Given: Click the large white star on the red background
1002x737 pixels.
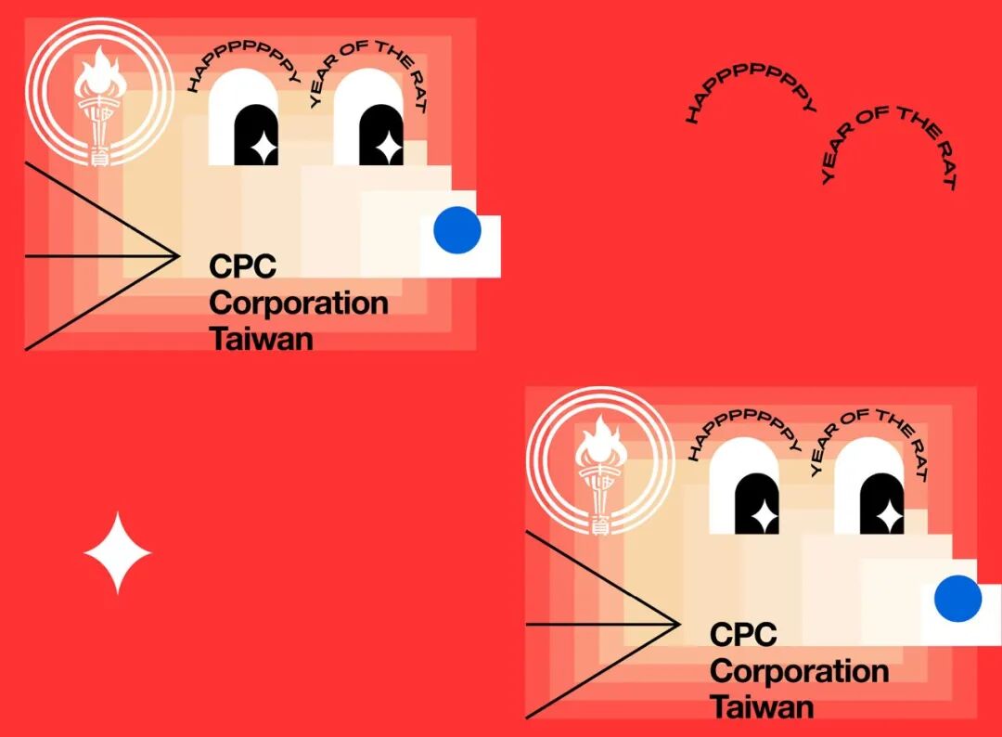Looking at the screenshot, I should pos(117,553).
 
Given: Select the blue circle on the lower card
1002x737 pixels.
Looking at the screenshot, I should pos(957,599).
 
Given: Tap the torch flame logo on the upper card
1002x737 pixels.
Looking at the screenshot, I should pos(99,93).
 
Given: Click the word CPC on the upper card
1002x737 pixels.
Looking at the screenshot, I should pos(243,266).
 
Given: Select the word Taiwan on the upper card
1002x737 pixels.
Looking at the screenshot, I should pos(262,339).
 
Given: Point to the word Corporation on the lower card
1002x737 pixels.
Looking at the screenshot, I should pos(799,671).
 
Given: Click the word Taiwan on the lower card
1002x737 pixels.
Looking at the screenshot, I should pos(762,707).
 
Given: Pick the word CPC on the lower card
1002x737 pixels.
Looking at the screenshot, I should pos(743,635).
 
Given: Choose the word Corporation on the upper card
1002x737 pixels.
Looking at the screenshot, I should pos(299,303).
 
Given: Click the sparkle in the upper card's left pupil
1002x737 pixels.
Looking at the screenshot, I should pos(263,147).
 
